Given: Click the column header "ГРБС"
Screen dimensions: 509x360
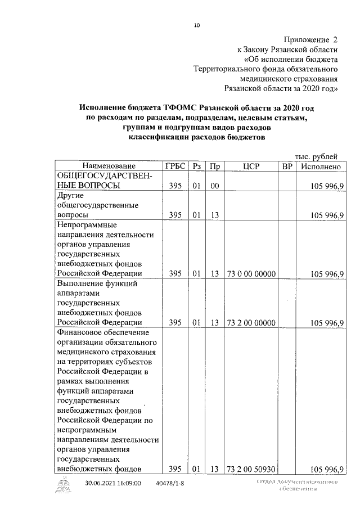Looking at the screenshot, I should (x=174, y=166).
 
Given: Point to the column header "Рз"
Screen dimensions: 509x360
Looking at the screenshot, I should (x=196, y=166).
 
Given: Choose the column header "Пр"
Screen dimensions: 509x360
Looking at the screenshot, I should (x=214, y=166).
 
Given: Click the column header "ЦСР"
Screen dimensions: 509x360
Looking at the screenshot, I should (x=251, y=166).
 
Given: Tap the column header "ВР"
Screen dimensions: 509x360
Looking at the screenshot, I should (x=287, y=166).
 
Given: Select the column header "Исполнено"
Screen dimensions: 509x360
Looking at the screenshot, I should (x=321, y=166).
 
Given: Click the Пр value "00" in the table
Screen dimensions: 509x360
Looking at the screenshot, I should (x=214, y=186).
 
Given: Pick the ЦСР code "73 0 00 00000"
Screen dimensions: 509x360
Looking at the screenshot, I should (x=251, y=274).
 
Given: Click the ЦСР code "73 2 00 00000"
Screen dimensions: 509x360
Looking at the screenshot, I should (x=251, y=323).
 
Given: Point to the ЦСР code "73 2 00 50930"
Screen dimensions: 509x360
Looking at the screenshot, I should (x=251, y=469).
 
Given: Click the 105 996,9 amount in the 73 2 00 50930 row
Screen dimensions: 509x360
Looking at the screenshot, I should (x=327, y=469).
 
